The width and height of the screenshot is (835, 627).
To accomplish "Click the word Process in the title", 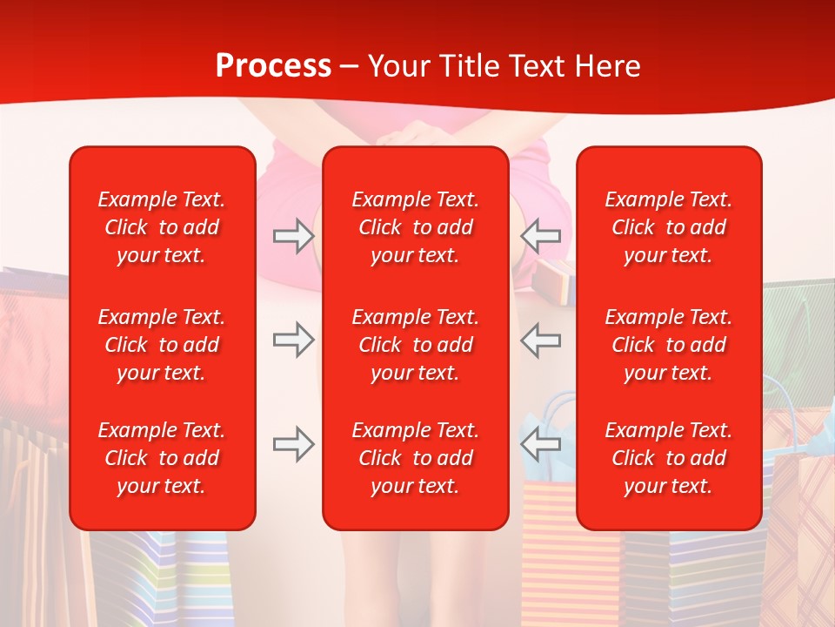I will coord(273,66).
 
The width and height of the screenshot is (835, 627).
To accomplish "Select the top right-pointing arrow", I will coord(293,235).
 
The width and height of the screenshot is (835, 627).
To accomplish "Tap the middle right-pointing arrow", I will coord(293,340).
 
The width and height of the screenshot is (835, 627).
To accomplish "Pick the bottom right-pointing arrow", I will coord(293,444).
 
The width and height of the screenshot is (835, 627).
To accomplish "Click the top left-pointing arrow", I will coord(541,235).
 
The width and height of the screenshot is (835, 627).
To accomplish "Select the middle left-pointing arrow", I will coord(541,340).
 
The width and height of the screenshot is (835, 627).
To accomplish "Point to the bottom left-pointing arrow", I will coord(541,444).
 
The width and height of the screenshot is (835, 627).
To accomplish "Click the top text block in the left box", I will coord(162,227).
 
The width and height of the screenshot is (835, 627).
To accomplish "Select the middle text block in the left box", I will coord(162,345).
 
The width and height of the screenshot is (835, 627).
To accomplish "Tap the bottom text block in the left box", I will coord(162,458).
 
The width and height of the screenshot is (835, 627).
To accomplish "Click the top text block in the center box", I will coord(416,227).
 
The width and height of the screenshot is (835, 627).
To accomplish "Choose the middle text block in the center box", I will coord(416,345).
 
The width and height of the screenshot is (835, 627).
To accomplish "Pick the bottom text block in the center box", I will coord(416,458).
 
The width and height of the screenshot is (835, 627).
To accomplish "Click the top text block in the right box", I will coord(669,227).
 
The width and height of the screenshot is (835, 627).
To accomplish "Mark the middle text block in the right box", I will coord(669,345).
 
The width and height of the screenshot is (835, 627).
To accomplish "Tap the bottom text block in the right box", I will coord(669,458).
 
